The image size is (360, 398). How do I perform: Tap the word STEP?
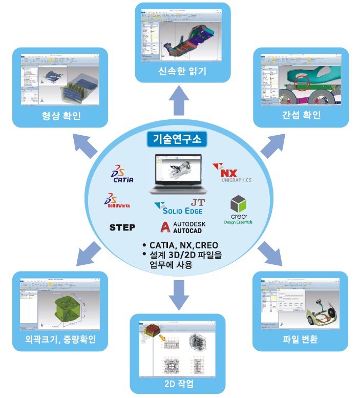click(x=122, y=227)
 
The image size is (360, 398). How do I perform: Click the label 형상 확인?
click(x=61, y=115)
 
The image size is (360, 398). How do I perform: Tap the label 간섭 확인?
click(x=302, y=115)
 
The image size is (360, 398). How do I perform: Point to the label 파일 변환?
click(x=300, y=339)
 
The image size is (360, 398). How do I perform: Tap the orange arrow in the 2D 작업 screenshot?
click(x=162, y=337)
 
